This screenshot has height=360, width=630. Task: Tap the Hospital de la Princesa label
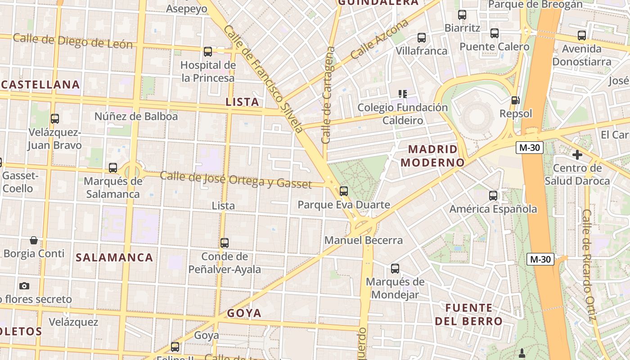tap(208, 72)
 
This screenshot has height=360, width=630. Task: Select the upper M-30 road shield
tap(530, 148)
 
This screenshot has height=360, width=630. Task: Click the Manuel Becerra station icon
tap(344, 191)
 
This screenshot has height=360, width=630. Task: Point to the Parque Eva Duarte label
tap(344, 205)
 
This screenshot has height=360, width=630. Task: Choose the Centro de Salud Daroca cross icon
tap(577, 155)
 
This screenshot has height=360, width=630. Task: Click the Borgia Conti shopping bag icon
tap(34, 240)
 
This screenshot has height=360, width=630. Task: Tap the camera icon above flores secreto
tap(24, 286)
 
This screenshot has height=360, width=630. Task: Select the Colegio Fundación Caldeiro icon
tap(403, 94)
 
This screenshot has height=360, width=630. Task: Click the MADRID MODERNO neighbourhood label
tap(432, 156)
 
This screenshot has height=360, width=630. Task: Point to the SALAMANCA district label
tap(114, 258)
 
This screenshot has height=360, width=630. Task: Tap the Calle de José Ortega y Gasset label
tap(235, 180)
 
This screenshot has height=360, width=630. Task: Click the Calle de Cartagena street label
tap(328, 94)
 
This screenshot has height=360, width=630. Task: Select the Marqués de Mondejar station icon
tap(395, 269)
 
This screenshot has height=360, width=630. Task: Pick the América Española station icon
tap(493, 196)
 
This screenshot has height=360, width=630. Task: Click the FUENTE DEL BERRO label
tap(469, 315)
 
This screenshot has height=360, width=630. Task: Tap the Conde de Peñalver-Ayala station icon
tap(225, 243)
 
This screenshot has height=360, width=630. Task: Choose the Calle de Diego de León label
tap(73, 41)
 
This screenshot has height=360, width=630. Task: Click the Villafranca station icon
tap(422, 38)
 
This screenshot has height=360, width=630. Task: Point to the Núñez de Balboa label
tap(136, 117)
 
